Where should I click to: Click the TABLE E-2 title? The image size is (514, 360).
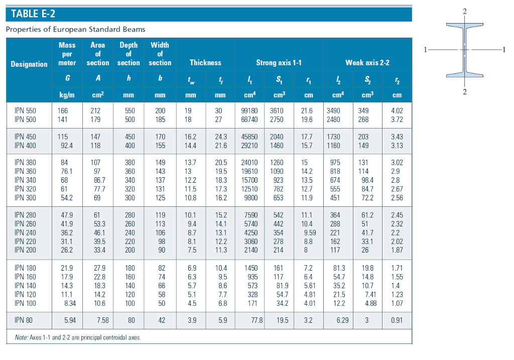(34, 14)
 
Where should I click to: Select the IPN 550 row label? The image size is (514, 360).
(25, 110)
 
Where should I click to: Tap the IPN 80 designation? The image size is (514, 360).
(24, 319)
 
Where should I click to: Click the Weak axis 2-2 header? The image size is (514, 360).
(367, 63)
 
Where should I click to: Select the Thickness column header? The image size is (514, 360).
(205, 63)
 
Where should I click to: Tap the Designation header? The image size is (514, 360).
(29, 64)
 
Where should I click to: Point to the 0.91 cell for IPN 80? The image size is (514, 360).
(397, 319)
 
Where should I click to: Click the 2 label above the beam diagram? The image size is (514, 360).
(465, 11)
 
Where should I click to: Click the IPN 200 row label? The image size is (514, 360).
(25, 250)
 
